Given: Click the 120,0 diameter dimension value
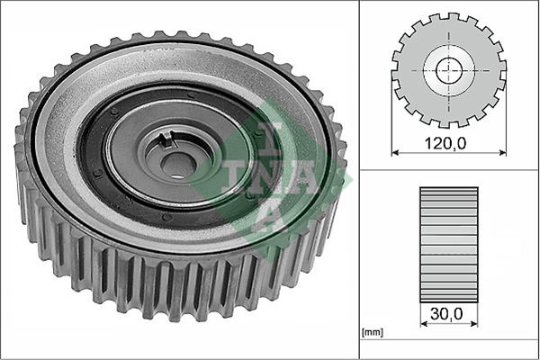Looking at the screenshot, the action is tap(445, 143).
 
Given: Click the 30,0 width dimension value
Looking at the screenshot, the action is tap(446, 314).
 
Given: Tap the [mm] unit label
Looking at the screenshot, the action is tap(373, 332).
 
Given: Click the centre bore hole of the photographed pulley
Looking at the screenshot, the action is tap(178, 166).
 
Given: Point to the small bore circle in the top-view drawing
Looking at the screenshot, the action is tap(449, 70).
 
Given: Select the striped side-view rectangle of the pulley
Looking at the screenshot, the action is tap(449, 245).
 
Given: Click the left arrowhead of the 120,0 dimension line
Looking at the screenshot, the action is tap(395, 152).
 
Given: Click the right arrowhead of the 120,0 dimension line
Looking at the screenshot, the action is tap(503, 152).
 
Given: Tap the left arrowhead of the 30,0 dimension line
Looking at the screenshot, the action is tap(424, 324).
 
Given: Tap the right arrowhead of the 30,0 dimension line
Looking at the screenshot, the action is tap(474, 324).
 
